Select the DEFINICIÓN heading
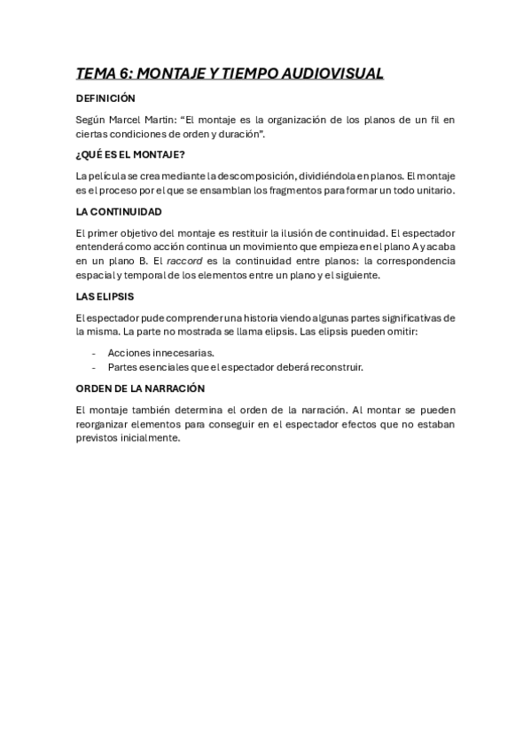105,98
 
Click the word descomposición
248,176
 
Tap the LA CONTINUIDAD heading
119,211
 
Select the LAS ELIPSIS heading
105,296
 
